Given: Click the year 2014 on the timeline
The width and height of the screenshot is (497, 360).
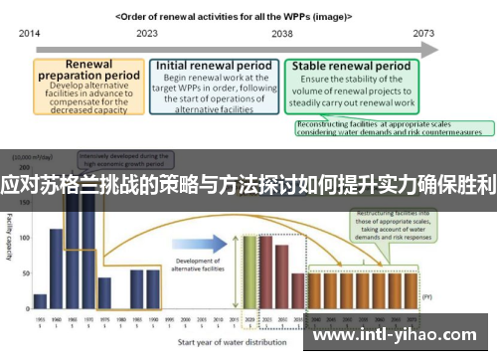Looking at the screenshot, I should click(28, 33).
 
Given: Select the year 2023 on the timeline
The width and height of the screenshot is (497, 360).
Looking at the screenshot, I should click(146, 33).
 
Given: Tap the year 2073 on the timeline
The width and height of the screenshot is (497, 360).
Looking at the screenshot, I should click(423, 33).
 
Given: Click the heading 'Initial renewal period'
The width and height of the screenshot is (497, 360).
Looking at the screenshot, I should click(213, 66).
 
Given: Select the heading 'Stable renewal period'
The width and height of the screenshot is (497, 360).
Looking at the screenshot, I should click(351, 67).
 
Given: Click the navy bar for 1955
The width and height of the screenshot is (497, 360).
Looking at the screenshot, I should click(40, 301).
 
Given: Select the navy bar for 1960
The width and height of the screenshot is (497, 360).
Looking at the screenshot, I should click(57, 269).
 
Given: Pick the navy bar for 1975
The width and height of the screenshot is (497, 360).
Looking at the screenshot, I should click(104, 293).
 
